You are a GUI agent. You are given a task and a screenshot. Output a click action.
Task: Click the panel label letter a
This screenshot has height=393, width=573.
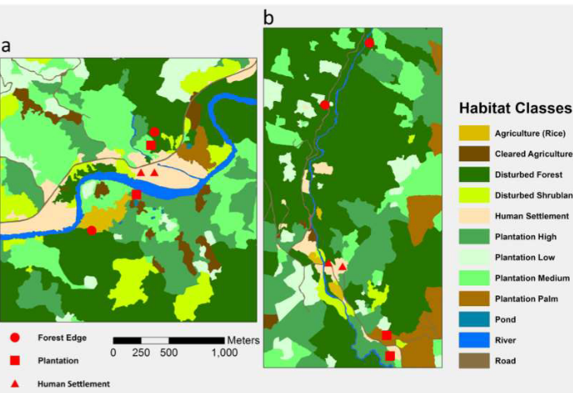click(x=7, y=47)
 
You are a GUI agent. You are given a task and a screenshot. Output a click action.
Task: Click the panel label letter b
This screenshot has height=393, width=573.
click(x=268, y=17)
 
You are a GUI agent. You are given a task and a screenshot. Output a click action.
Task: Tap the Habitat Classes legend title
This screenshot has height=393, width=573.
click(x=515, y=108)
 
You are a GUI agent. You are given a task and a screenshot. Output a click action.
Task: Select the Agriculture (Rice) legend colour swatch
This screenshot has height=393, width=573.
click(x=474, y=133)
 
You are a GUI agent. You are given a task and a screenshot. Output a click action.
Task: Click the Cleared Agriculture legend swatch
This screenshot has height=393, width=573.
click(x=474, y=154)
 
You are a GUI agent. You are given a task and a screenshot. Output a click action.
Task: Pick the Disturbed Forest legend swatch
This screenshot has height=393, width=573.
click(x=474, y=175)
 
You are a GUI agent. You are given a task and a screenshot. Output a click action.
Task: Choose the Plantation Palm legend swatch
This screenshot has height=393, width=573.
click(x=474, y=299)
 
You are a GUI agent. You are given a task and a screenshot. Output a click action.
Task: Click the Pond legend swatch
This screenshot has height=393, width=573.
click(x=474, y=319)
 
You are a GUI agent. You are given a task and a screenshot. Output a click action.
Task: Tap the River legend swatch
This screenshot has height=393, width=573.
click(x=474, y=340)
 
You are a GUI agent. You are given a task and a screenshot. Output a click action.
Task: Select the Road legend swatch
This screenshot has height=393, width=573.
click(x=474, y=361)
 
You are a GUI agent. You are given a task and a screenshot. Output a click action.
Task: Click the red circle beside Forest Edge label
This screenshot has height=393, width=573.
click(x=15, y=338)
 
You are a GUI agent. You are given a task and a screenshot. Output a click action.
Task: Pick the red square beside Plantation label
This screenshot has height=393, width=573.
click(x=15, y=360)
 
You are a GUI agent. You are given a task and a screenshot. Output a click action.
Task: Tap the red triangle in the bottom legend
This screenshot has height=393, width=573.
click(x=15, y=383)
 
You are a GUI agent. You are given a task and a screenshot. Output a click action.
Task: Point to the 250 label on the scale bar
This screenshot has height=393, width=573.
click(x=141, y=352)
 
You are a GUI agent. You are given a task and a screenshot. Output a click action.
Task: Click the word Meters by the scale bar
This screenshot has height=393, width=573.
click(x=243, y=340)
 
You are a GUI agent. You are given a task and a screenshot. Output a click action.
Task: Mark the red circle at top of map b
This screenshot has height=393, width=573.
click(x=369, y=42)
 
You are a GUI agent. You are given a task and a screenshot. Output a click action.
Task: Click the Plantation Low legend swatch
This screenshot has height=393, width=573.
click(x=474, y=257)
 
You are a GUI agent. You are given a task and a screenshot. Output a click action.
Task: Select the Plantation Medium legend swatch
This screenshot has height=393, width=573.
click(x=474, y=278)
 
